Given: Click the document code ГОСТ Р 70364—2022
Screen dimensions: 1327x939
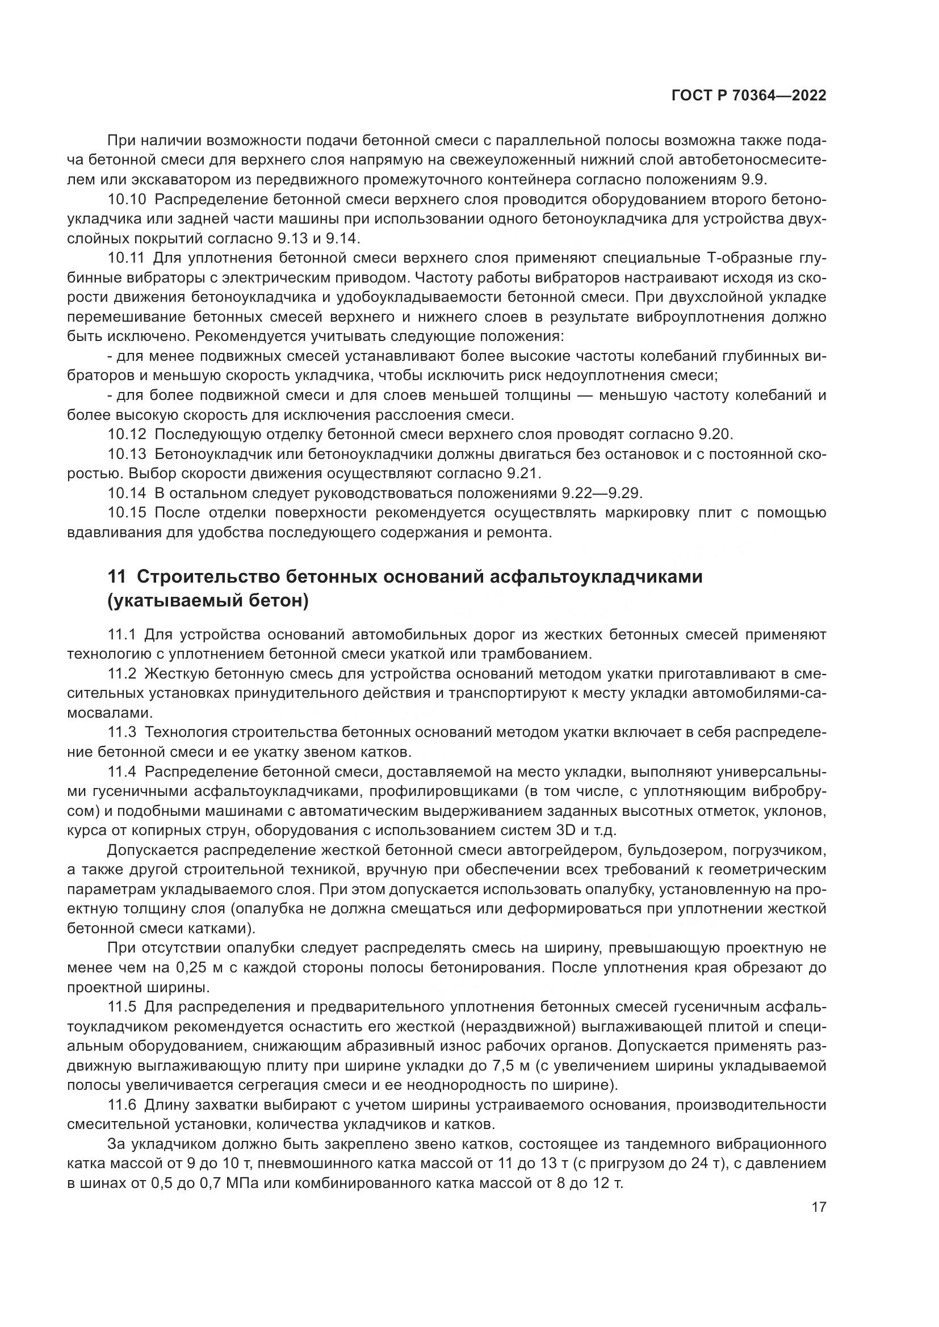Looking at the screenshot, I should [748, 96].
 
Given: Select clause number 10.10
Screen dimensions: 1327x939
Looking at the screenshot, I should [127, 200].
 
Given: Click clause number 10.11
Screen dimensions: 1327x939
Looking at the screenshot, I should [127, 258].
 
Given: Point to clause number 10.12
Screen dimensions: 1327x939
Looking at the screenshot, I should [127, 434].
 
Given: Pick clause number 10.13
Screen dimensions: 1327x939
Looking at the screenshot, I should [127, 454].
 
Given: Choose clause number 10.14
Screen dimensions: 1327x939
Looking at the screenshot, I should [127, 493].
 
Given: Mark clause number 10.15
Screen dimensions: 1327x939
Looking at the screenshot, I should [127, 513].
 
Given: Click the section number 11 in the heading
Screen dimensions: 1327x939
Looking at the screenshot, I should [116, 577].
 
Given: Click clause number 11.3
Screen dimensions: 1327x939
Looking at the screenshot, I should [122, 732].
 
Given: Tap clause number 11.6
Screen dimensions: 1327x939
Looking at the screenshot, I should [122, 1105].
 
